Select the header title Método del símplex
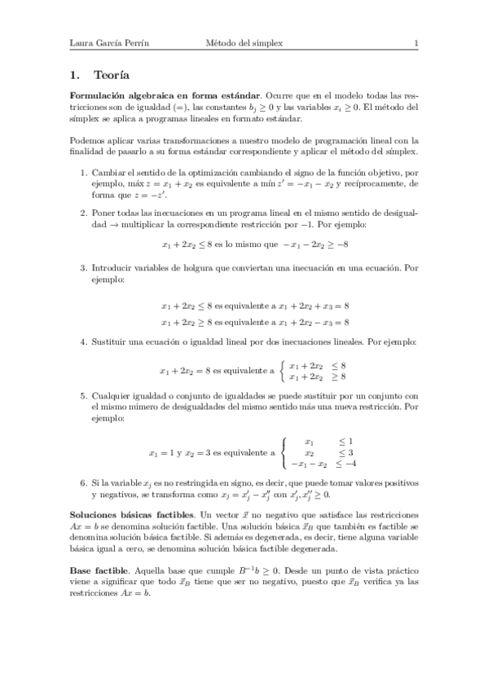(x=244, y=43)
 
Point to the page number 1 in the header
(x=415, y=43)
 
